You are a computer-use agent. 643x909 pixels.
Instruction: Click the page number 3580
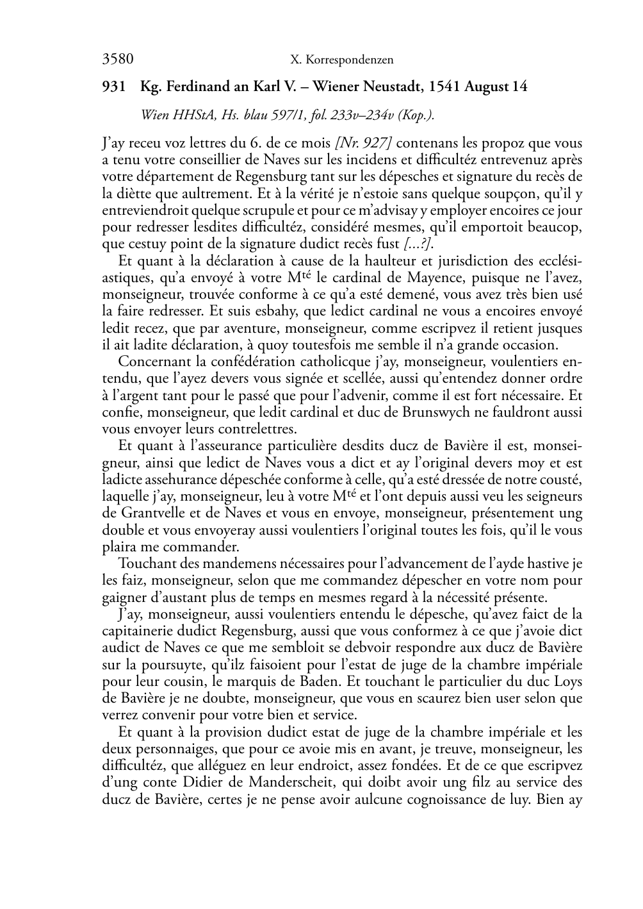(118, 60)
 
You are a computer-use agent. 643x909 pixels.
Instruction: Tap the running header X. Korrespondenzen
(341, 60)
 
